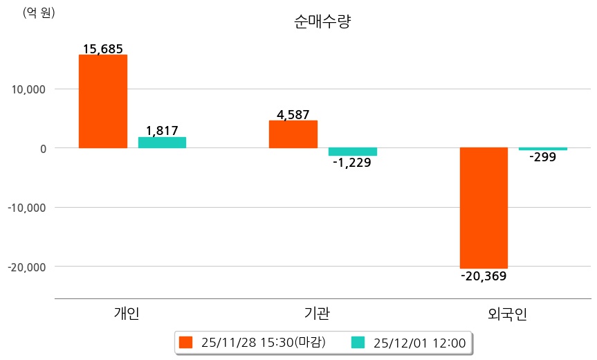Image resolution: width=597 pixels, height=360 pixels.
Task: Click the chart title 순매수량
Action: [x=322, y=21]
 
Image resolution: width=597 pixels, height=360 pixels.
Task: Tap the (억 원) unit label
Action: [x=39, y=12]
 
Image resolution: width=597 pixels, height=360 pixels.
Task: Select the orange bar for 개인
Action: [x=102, y=101]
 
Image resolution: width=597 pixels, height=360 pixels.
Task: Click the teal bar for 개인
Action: [x=162, y=143]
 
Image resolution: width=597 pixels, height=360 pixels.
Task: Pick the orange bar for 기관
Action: [x=293, y=134]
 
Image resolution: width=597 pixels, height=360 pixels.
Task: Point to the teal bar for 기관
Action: [x=352, y=152]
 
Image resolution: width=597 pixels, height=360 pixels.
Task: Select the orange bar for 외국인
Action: [x=484, y=208]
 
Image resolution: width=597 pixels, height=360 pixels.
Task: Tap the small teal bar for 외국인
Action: [x=543, y=149]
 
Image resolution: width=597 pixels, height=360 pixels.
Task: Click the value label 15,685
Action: [x=102, y=49]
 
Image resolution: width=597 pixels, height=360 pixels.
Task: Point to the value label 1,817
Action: [x=162, y=131]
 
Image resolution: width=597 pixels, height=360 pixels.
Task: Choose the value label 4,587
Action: [x=293, y=115]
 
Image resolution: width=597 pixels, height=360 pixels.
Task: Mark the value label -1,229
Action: [x=352, y=163]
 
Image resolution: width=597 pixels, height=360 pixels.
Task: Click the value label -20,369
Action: [x=484, y=276]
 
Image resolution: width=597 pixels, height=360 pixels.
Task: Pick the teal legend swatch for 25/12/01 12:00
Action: [x=358, y=342]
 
